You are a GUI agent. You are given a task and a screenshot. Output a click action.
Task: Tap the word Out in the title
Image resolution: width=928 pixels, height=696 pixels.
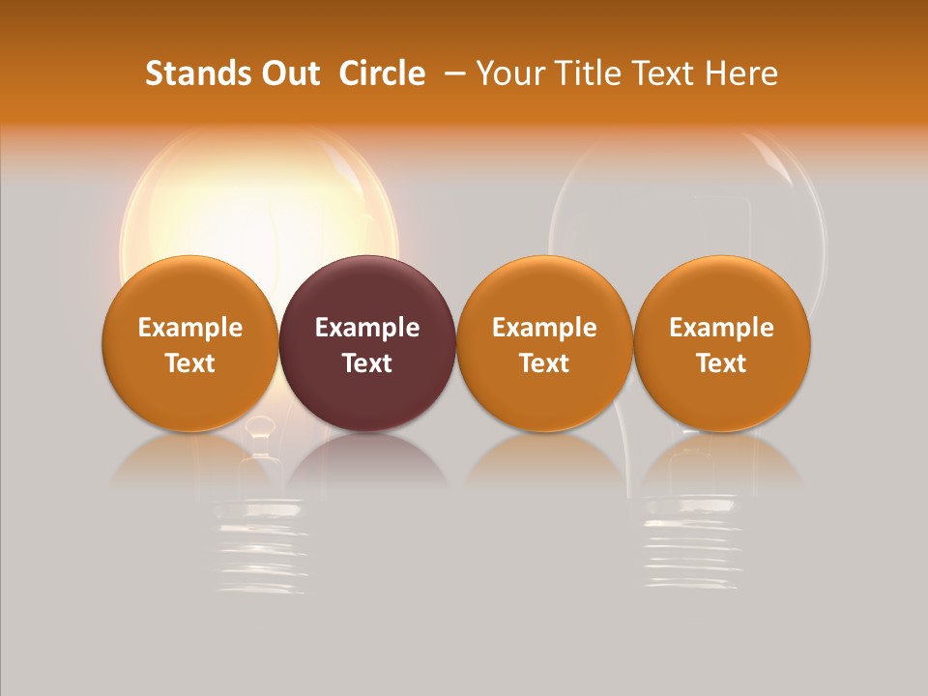click(288, 73)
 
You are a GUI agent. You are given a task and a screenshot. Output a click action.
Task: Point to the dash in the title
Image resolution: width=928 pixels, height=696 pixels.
click(452, 73)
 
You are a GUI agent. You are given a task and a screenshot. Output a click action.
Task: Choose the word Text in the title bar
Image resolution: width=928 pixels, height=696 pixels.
click(661, 73)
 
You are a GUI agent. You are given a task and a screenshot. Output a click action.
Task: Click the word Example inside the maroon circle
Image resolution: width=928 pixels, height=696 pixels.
click(367, 328)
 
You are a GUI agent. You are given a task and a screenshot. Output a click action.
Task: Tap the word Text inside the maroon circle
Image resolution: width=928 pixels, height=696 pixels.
click(367, 363)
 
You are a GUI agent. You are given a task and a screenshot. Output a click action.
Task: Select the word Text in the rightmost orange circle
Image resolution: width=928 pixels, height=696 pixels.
click(722, 363)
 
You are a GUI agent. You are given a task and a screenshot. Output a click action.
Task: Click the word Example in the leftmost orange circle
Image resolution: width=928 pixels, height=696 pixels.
click(190, 328)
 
